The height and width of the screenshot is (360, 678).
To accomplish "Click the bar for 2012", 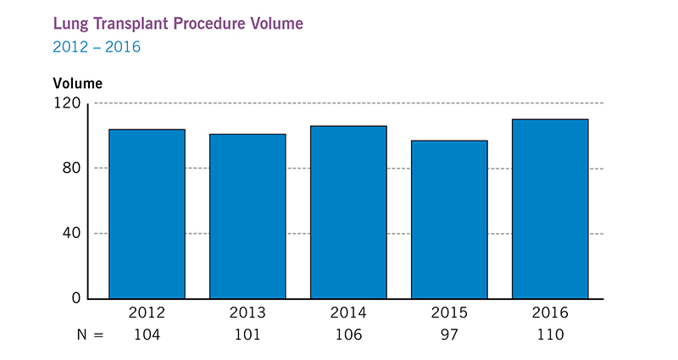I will point(147,213).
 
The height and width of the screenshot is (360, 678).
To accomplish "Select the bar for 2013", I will point(247,216).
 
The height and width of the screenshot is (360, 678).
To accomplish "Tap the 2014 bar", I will point(348,212).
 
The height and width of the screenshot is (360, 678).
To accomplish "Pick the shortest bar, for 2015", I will point(449,219).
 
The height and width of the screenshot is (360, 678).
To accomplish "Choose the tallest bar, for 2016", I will point(550,208).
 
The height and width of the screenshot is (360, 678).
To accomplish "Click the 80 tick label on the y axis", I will point(72,168).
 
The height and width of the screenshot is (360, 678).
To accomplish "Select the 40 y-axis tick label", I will point(72,233).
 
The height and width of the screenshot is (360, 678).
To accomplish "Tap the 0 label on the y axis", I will point(76,298).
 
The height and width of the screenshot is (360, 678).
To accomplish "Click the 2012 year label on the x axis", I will point(147,313).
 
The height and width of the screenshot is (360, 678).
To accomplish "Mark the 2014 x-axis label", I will point(348,313).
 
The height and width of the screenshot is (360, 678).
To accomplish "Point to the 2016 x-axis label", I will point(550,313).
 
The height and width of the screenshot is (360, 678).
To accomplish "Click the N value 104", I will point(147,335).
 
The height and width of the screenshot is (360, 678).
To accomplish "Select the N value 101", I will point(247,335).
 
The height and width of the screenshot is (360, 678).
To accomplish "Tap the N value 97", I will point(449,335).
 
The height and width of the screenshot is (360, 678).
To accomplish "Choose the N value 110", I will point(550,335).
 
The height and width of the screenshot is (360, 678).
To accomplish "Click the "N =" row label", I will point(85,335).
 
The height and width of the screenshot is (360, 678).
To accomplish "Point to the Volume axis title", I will point(77,83).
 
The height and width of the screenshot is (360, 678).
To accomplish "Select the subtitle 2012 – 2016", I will point(97,47).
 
